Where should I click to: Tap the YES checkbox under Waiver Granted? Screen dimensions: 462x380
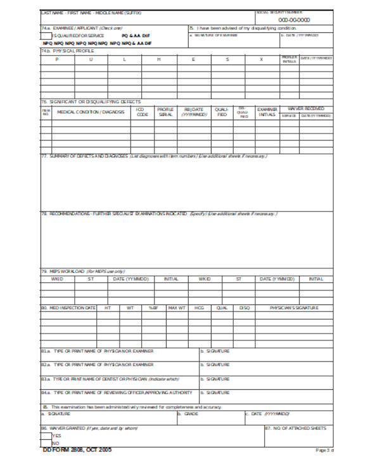tap(47, 435)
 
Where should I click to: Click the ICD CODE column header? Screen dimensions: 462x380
tap(142, 111)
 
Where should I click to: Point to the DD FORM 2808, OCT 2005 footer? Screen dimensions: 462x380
tap(72, 450)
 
